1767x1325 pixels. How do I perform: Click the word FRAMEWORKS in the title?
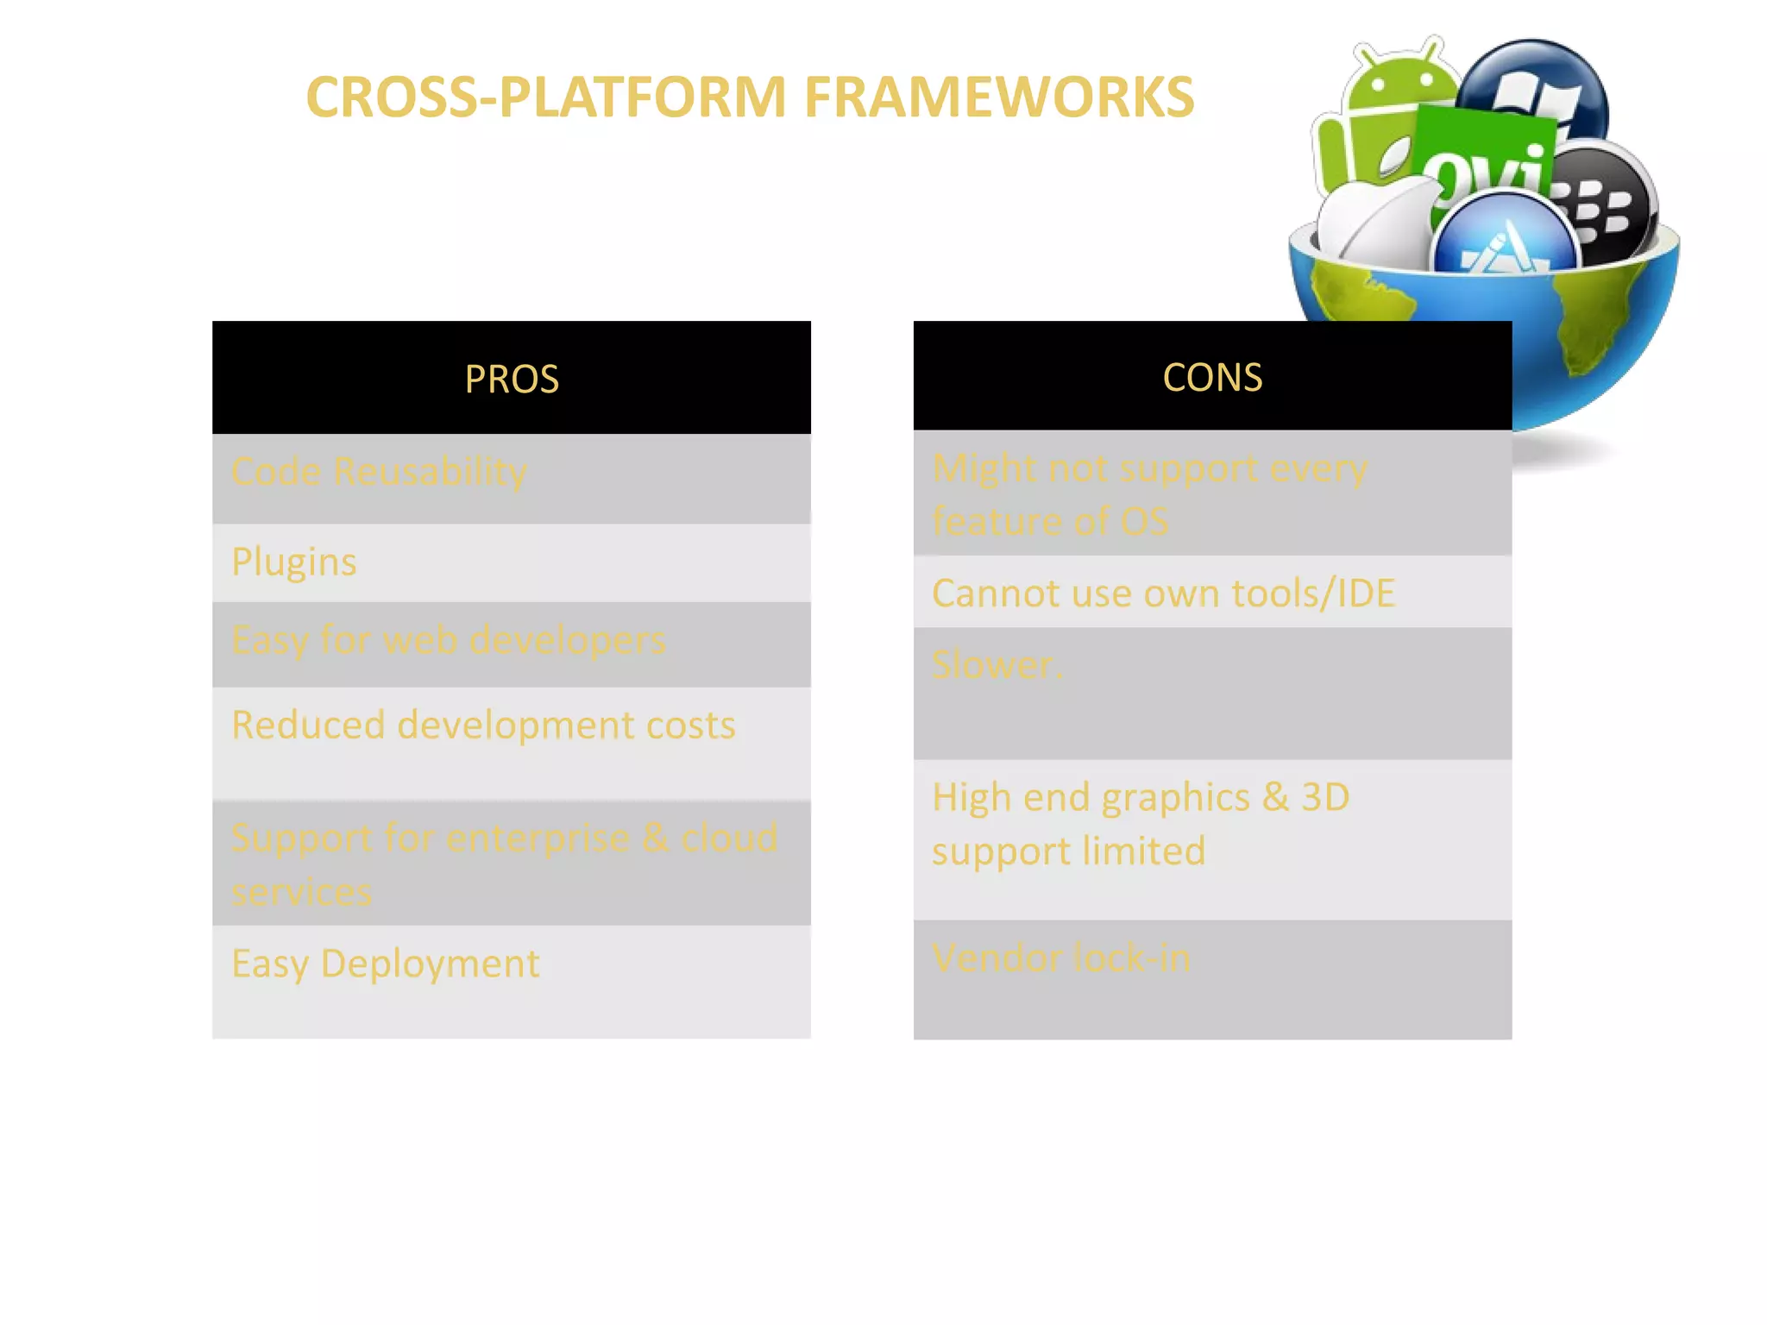pyautogui.click(x=999, y=97)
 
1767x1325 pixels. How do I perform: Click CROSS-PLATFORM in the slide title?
pyautogui.click(x=545, y=97)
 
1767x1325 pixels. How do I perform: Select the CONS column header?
pyautogui.click(x=1212, y=377)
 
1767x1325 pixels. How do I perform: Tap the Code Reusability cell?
pyautogui.click(x=379, y=472)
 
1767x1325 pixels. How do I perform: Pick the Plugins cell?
pyautogui.click(x=294, y=562)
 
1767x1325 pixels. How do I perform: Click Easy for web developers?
pyautogui.click(x=449, y=640)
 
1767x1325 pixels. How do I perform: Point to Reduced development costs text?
pyautogui.click(x=483, y=725)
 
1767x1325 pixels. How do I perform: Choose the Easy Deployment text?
pyautogui.click(x=385, y=964)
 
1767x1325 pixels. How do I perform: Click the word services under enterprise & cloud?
pyautogui.click(x=302, y=892)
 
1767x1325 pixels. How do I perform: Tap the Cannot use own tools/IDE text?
pyautogui.click(x=1163, y=593)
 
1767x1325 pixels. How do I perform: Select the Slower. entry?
pyautogui.click(x=997, y=665)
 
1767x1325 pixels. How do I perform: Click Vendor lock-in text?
pyautogui.click(x=1061, y=958)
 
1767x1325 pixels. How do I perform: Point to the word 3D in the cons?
pyautogui.click(x=1325, y=797)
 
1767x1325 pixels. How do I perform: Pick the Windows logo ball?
pyautogui.click(x=1540, y=86)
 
